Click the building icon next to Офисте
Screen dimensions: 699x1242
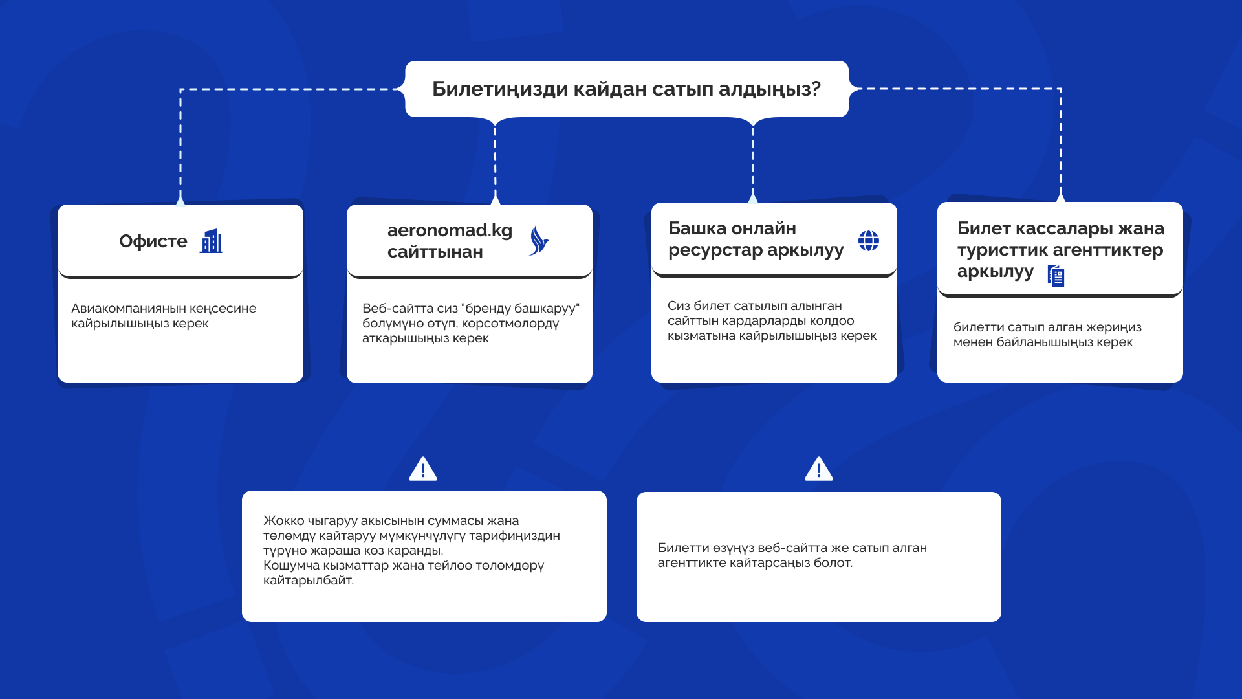(x=211, y=241)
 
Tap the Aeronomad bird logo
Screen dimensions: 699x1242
(x=538, y=241)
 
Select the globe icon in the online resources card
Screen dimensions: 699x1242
(x=868, y=241)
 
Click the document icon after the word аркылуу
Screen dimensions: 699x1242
(x=1056, y=276)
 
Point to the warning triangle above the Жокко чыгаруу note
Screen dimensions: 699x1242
(x=423, y=469)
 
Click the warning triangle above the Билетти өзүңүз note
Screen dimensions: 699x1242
(x=818, y=469)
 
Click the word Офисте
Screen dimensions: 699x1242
(x=153, y=241)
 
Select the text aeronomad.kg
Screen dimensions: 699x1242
(x=450, y=230)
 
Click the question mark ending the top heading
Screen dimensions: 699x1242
(x=815, y=89)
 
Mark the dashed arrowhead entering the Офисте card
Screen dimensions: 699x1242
(x=180, y=201)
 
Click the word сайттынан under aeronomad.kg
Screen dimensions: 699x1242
(x=435, y=252)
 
